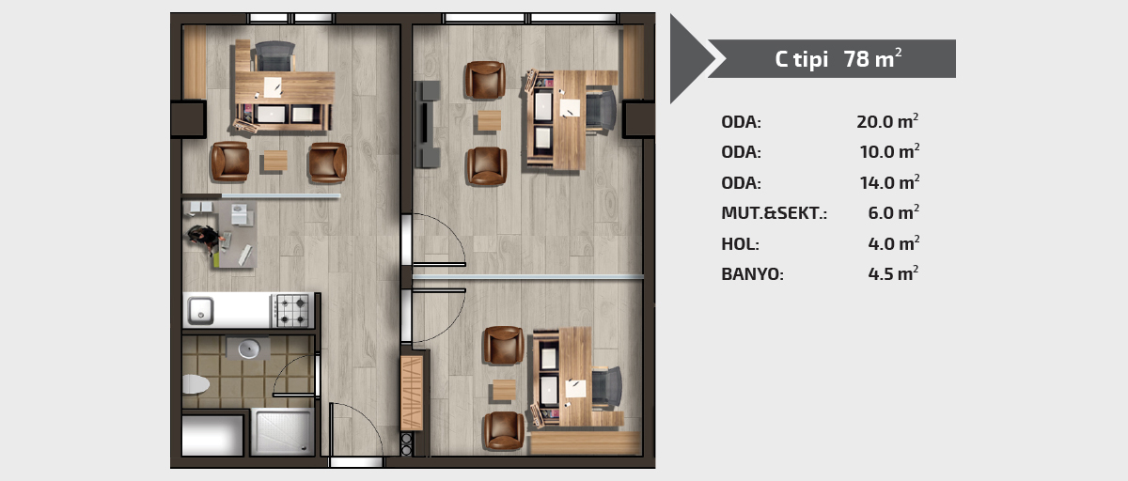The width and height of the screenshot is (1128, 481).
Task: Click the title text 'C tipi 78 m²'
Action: point(838,59)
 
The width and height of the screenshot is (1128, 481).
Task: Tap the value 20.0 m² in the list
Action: point(887,121)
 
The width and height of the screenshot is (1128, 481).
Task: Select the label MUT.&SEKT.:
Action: point(774,213)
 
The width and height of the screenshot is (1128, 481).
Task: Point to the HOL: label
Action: point(740,244)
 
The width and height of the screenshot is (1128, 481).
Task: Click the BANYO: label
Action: point(752,274)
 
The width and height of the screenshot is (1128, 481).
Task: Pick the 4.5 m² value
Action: point(893,273)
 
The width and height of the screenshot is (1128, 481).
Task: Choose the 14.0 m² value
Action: point(889,182)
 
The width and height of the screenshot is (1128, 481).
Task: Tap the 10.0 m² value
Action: point(889,151)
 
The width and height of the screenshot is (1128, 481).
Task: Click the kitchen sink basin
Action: point(201,311)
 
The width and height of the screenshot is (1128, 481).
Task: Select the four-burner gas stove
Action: point(292,311)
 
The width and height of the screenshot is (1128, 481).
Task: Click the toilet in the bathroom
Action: point(196,384)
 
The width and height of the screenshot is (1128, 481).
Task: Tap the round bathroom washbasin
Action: point(248,349)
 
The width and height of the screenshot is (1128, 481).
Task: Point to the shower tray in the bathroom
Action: point(283,432)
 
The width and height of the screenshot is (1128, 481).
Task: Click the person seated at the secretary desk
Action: point(206,239)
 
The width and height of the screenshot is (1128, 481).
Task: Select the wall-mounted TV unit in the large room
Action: point(427,124)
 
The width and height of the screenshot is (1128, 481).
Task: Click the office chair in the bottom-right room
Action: point(607,387)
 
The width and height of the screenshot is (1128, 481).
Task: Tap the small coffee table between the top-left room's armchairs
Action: point(275,161)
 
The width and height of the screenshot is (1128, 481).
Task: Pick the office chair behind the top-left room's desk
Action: point(274,55)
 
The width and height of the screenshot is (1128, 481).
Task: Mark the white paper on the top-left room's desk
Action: point(273,87)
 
